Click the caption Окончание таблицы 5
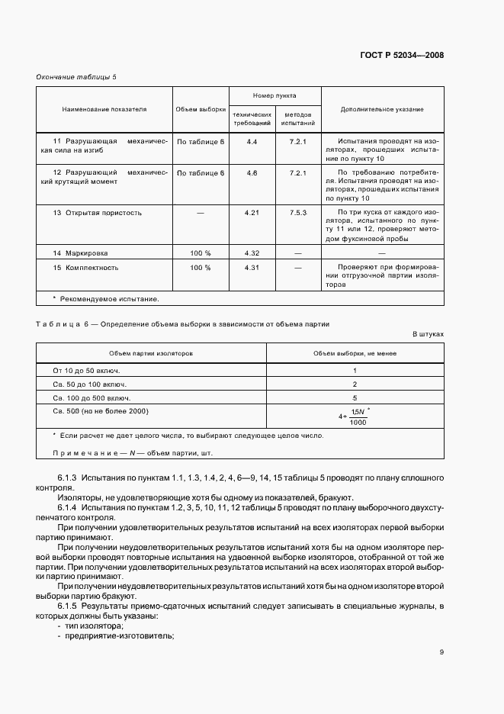point(77,77)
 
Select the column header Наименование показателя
point(104,110)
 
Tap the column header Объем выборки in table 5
point(201,110)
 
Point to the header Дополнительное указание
point(382,110)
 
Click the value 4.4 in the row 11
point(252,143)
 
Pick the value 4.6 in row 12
point(252,174)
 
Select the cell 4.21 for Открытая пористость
point(252,213)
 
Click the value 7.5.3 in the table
point(297,213)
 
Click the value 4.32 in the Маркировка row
point(252,252)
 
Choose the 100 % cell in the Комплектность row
point(201,268)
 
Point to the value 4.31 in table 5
point(252,268)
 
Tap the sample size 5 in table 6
point(355,397)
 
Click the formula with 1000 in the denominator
point(355,416)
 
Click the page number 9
point(441,651)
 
